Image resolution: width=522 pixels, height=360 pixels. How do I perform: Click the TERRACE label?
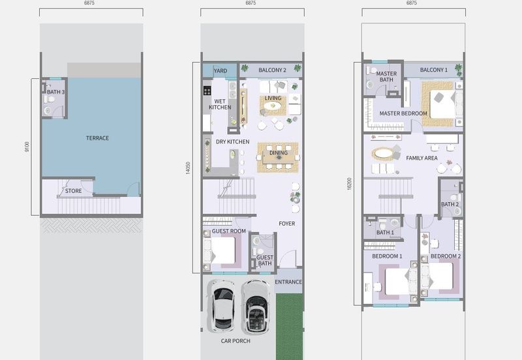point(97,138)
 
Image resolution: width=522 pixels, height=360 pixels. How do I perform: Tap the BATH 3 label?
point(56,92)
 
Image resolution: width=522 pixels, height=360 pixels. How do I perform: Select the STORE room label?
point(73,191)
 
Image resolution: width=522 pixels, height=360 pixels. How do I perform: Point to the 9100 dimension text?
point(27,147)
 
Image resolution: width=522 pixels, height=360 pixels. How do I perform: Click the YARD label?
point(221,71)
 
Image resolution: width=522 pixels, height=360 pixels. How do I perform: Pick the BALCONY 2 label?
point(272,70)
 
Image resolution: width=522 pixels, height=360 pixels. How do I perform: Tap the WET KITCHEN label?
point(220,104)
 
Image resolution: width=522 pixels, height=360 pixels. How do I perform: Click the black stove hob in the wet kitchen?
point(207,91)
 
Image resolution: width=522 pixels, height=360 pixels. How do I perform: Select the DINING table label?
point(279,153)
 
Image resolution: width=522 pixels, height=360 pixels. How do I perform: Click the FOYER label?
point(286,224)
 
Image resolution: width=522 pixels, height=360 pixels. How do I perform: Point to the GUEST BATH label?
point(265,260)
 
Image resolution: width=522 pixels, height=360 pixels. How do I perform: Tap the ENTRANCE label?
point(288,282)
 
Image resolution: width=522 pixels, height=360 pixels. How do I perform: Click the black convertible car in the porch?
point(256,307)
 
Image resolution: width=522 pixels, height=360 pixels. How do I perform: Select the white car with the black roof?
point(221,305)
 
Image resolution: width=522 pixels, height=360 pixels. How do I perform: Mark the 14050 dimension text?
point(188,168)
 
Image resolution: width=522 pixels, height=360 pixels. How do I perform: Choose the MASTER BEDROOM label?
point(403,113)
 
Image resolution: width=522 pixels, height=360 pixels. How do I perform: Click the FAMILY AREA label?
point(422,158)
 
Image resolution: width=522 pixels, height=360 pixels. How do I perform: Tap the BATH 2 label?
point(450,204)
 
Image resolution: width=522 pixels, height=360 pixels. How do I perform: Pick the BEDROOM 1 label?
point(387,256)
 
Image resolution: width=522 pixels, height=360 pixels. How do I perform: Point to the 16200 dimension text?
point(349,184)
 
